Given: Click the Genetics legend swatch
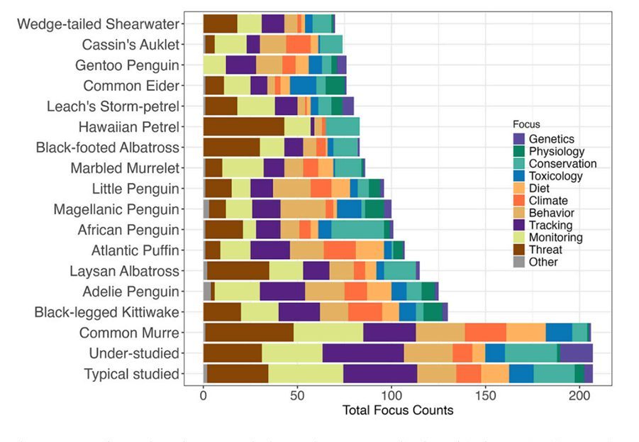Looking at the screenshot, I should point(518,139).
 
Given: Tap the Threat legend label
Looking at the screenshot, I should point(545,250).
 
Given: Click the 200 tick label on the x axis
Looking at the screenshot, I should point(579,395).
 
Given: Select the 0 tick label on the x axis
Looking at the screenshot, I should point(204,395).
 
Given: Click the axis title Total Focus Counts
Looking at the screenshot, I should point(398,410).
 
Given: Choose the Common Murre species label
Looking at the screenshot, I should point(128,333).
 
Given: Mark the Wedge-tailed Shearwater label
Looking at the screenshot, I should point(98,24).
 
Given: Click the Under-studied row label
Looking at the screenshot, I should point(133,353).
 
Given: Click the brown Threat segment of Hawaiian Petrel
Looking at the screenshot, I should point(244,127).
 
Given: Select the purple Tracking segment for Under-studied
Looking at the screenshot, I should point(363,353).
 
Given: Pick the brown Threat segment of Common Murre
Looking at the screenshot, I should point(249,332).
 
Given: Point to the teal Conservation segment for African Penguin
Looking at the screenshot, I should point(357,230).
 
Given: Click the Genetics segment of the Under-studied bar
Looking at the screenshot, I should point(576,353).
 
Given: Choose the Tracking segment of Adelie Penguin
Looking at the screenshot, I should point(282,291).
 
